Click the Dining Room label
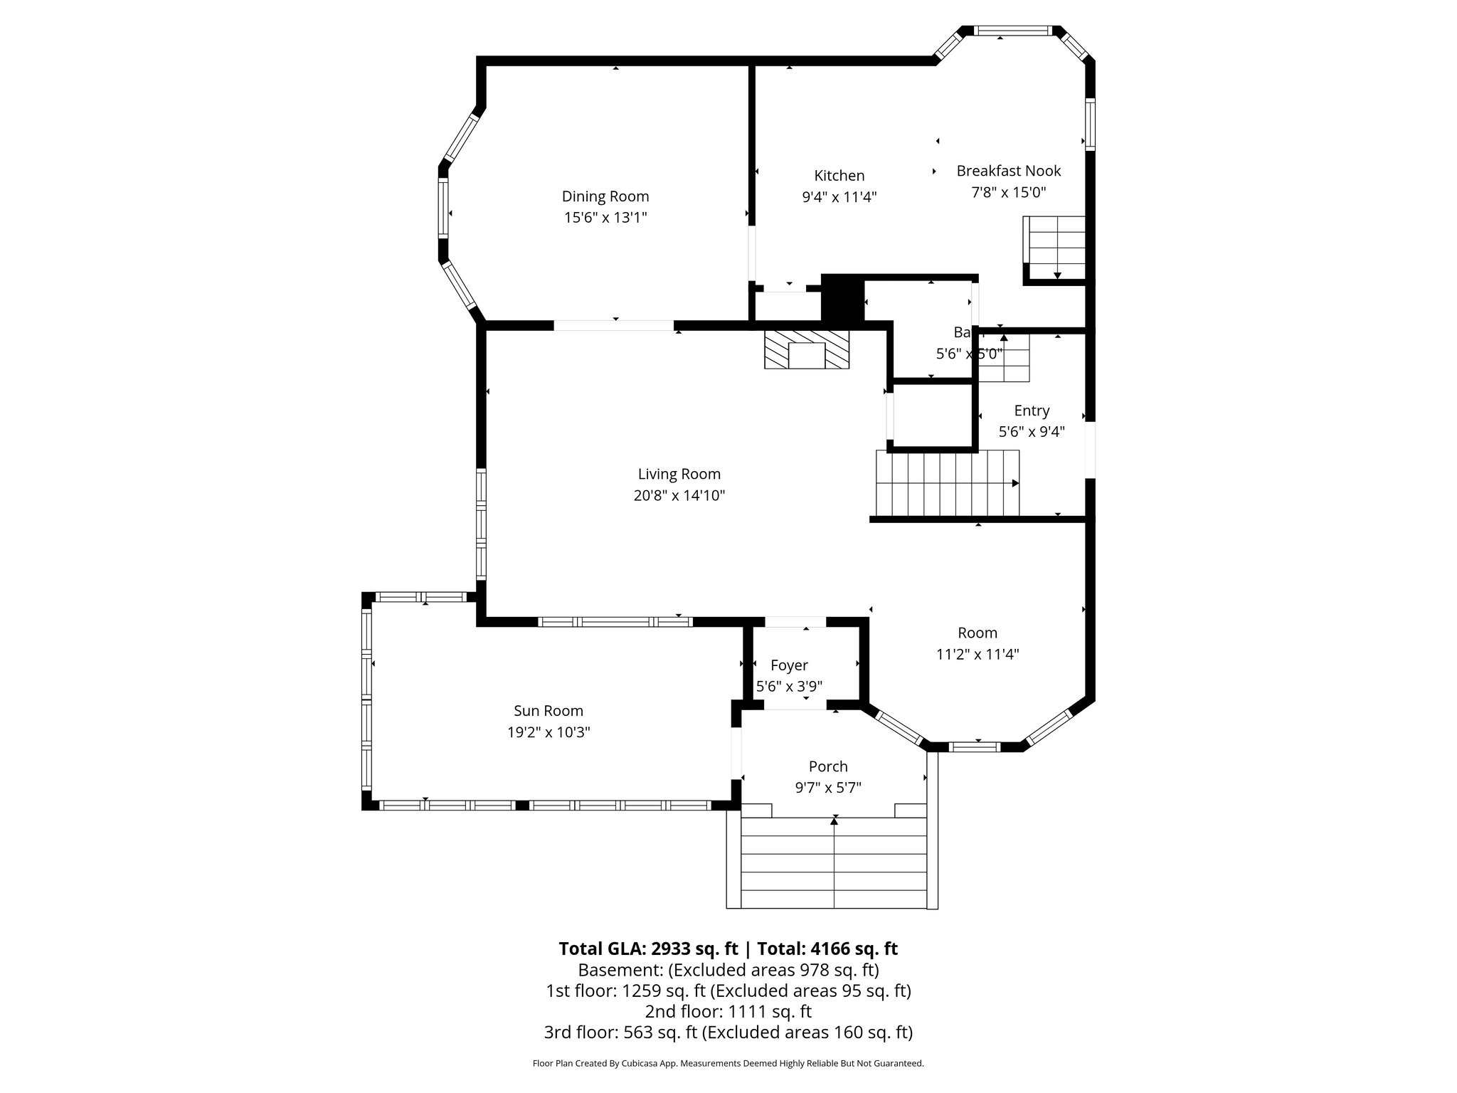605,196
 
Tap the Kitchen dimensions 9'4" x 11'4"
839,197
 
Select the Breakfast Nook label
1008,171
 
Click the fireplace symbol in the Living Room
807,349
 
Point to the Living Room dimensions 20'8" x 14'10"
679,496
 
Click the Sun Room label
549,711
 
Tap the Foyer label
789,665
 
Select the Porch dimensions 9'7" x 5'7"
828,788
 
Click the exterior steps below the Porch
833,862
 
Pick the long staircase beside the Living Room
946,483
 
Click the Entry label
1032,411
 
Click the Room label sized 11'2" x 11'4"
977,633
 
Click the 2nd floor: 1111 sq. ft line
728,1011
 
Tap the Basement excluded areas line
728,970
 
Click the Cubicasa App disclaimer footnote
728,1063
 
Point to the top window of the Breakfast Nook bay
1011,31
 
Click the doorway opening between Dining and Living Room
614,326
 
